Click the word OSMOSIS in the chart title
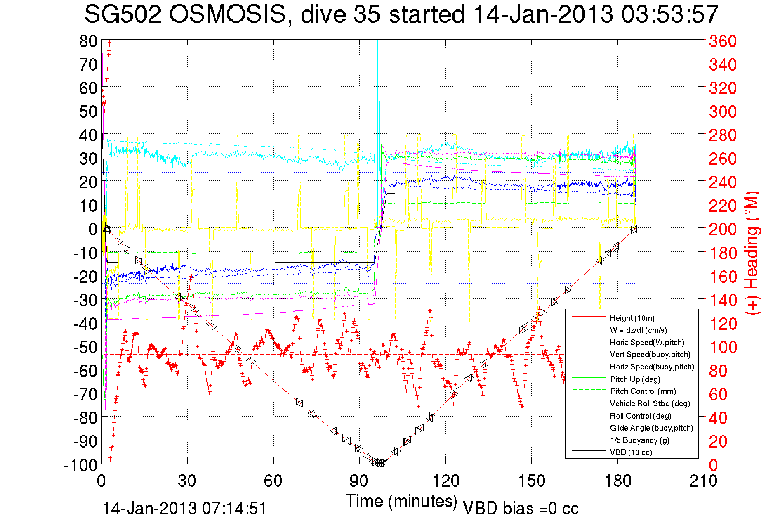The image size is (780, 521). pos(227,15)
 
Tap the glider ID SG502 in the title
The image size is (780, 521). pos(123,15)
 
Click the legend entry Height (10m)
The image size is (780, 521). pos(632,318)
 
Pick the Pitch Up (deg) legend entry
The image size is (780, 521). pos(635,379)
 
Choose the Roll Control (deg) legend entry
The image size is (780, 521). pos(640,416)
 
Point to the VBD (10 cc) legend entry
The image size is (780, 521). pos(631,452)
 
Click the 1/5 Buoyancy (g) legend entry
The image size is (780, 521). pos(640,440)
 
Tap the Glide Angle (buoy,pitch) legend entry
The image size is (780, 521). pos(651,428)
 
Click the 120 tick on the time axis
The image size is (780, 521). pos(445,481)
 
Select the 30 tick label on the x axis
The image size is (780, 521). pos(187,481)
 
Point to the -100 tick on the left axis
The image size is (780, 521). pos(80,465)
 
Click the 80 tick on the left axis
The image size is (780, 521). pos(88,41)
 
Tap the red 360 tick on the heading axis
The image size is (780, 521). pos(723,41)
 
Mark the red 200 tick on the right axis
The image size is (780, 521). pos(723,229)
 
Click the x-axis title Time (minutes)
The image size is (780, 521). pos(401,501)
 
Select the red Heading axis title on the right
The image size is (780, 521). pos(752,253)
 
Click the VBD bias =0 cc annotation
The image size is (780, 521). pos(521,509)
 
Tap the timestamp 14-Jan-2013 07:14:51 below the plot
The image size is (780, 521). pos(184,509)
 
